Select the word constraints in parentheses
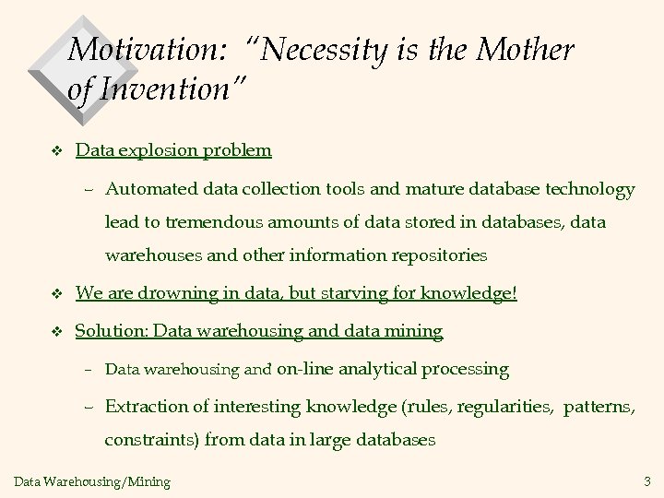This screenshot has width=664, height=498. [x=148, y=439]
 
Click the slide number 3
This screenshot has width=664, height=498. [x=646, y=480]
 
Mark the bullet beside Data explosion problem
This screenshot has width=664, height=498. [x=56, y=150]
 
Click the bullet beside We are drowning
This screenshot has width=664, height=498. [x=56, y=295]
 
